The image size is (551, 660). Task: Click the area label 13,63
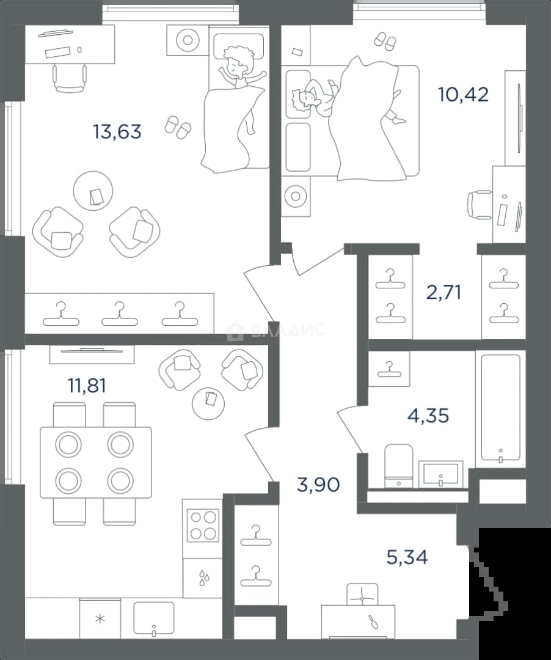click(117, 132)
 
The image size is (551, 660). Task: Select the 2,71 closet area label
click(443, 292)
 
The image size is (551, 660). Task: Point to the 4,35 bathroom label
click(428, 416)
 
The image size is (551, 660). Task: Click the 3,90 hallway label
click(318, 485)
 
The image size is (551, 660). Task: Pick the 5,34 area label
click(407, 557)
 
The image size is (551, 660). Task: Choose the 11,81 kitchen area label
click(87, 386)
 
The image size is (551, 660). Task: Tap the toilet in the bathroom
click(398, 465)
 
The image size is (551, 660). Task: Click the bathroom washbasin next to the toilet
click(440, 474)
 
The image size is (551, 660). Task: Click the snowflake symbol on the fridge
click(100, 619)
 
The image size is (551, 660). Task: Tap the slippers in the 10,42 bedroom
click(385, 41)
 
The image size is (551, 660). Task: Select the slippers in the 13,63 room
click(178, 127)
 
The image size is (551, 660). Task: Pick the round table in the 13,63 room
click(93, 191)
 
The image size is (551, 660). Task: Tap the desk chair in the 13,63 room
click(70, 78)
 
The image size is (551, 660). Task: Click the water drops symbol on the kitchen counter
click(203, 578)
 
